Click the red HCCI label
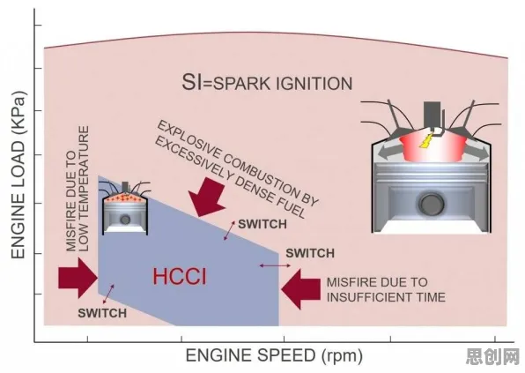click(x=180, y=277)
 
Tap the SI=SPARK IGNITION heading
click(x=267, y=82)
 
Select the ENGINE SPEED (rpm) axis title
click(x=274, y=356)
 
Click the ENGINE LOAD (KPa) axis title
click(x=18, y=175)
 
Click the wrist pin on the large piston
click(x=432, y=204)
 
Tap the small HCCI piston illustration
click(x=125, y=208)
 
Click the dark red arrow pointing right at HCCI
click(x=78, y=278)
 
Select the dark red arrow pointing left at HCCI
click(x=300, y=289)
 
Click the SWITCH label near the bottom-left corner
click(x=102, y=313)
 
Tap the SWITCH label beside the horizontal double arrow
click(x=310, y=253)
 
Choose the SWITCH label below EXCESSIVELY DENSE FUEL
click(x=262, y=224)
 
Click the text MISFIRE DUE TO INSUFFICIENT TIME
click(x=386, y=290)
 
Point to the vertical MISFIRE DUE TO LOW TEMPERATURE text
click(x=78, y=189)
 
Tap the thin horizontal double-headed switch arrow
click(x=275, y=265)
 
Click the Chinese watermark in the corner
click(x=492, y=356)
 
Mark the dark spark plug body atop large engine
click(x=432, y=115)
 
